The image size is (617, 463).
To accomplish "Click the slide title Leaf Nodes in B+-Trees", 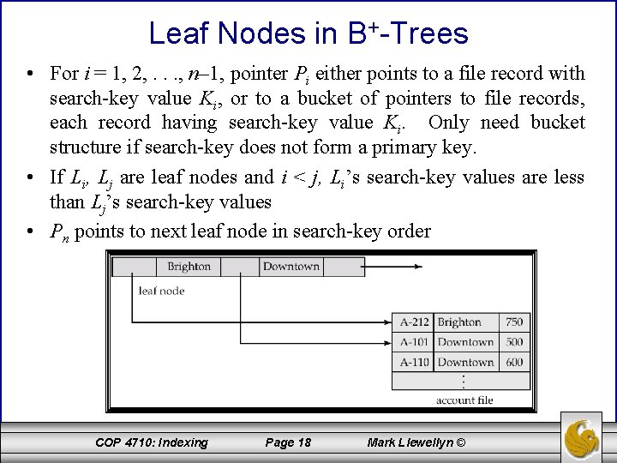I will pos(308,33).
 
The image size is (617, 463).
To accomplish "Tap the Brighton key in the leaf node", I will pos(189,267).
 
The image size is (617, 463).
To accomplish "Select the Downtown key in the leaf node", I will pos(291,267).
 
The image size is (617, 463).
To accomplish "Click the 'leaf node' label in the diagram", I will pos(162,291).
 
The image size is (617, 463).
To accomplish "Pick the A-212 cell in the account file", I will pos(415,322).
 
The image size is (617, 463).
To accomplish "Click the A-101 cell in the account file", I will pos(415,342).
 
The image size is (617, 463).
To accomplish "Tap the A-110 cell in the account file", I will pos(415,362).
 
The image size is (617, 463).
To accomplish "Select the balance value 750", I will pos(513,322).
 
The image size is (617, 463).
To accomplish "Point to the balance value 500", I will pos(513,342).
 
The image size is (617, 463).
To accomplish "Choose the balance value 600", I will pos(513,362).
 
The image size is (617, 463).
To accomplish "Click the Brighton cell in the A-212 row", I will pos(459,322).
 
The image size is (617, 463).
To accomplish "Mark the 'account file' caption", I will pos(464,400).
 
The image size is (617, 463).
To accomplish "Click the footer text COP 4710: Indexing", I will pos(152,442).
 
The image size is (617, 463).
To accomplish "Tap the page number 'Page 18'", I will pos(288,442).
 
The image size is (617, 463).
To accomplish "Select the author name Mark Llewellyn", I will pos(416,442).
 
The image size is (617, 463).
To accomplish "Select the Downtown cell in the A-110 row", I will pos(465,362).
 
